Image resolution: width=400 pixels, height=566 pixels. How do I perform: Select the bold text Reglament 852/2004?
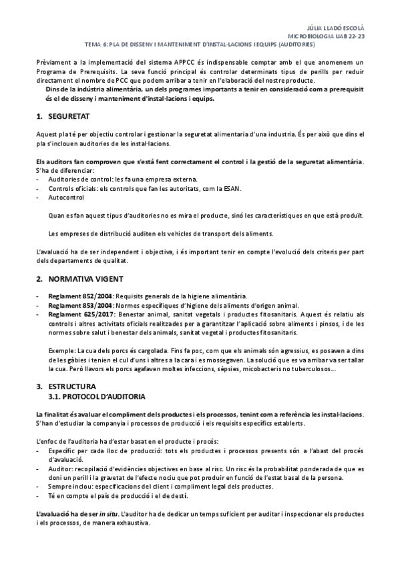pos(73,296)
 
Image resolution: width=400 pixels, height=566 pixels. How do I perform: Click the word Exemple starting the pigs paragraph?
pos(62,349)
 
